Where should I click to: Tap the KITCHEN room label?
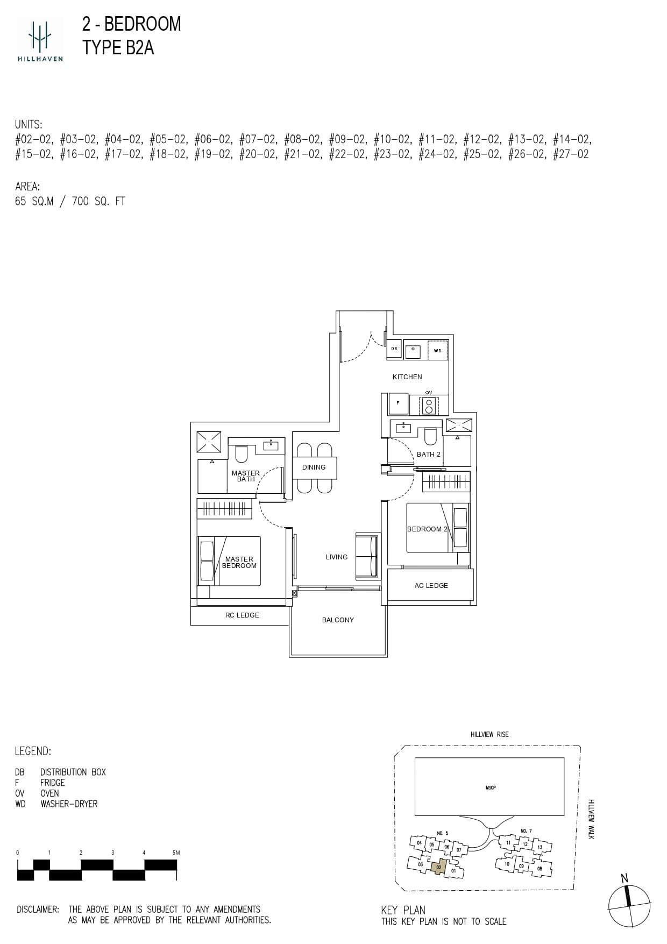(407, 377)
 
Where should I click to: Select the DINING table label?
(314, 467)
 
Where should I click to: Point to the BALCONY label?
(338, 620)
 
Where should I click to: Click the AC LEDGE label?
(431, 586)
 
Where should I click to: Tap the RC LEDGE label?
(242, 615)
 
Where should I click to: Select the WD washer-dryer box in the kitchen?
(437, 351)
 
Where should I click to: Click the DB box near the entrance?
(394, 349)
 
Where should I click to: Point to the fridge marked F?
(398, 403)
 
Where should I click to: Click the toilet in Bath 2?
(430, 436)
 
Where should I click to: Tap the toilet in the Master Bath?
(241, 453)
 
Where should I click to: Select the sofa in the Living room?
(367, 557)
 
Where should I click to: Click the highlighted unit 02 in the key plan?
(439, 867)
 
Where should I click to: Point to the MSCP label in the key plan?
(490, 788)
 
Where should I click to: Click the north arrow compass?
(629, 906)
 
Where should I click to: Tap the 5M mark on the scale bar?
(175, 853)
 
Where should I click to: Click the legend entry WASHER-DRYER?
(69, 804)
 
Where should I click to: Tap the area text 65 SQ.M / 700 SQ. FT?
(70, 202)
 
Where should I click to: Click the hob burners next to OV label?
(429, 406)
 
